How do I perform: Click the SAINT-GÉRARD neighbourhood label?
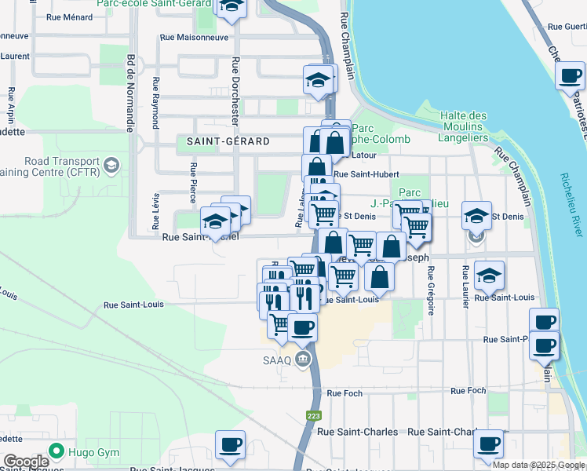click(x=228, y=142)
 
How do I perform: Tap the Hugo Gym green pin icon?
click(x=56, y=451)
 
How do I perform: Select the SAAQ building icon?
click(x=304, y=360)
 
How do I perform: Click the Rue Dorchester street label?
click(x=235, y=91)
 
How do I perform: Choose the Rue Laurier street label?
click(x=466, y=286)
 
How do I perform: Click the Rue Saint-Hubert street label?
click(x=366, y=174)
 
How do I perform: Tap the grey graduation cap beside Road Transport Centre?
click(x=111, y=164)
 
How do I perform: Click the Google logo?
click(x=26, y=462)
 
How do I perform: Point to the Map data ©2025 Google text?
click(x=538, y=465)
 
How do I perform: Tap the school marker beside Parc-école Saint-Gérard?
click(x=231, y=7)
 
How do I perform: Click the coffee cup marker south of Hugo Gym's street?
click(x=230, y=445)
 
